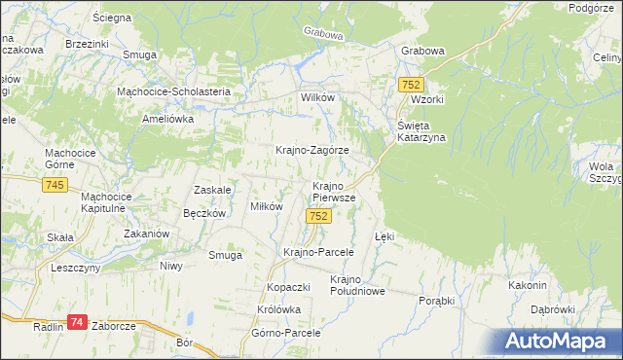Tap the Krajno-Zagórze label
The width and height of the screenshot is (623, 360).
[312, 151]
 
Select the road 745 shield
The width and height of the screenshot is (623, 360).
[55, 185]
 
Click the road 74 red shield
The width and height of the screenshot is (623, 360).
[78, 321]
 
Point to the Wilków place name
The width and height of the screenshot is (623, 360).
[317, 99]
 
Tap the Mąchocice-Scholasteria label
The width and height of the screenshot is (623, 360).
[172, 91]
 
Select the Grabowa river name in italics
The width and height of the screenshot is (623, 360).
[324, 34]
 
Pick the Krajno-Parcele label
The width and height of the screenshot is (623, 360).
[317, 251]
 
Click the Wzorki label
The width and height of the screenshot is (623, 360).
[427, 100]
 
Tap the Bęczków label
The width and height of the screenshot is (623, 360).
[204, 212]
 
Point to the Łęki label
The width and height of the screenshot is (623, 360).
[385, 236]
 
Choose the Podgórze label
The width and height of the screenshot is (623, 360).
[596, 8]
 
